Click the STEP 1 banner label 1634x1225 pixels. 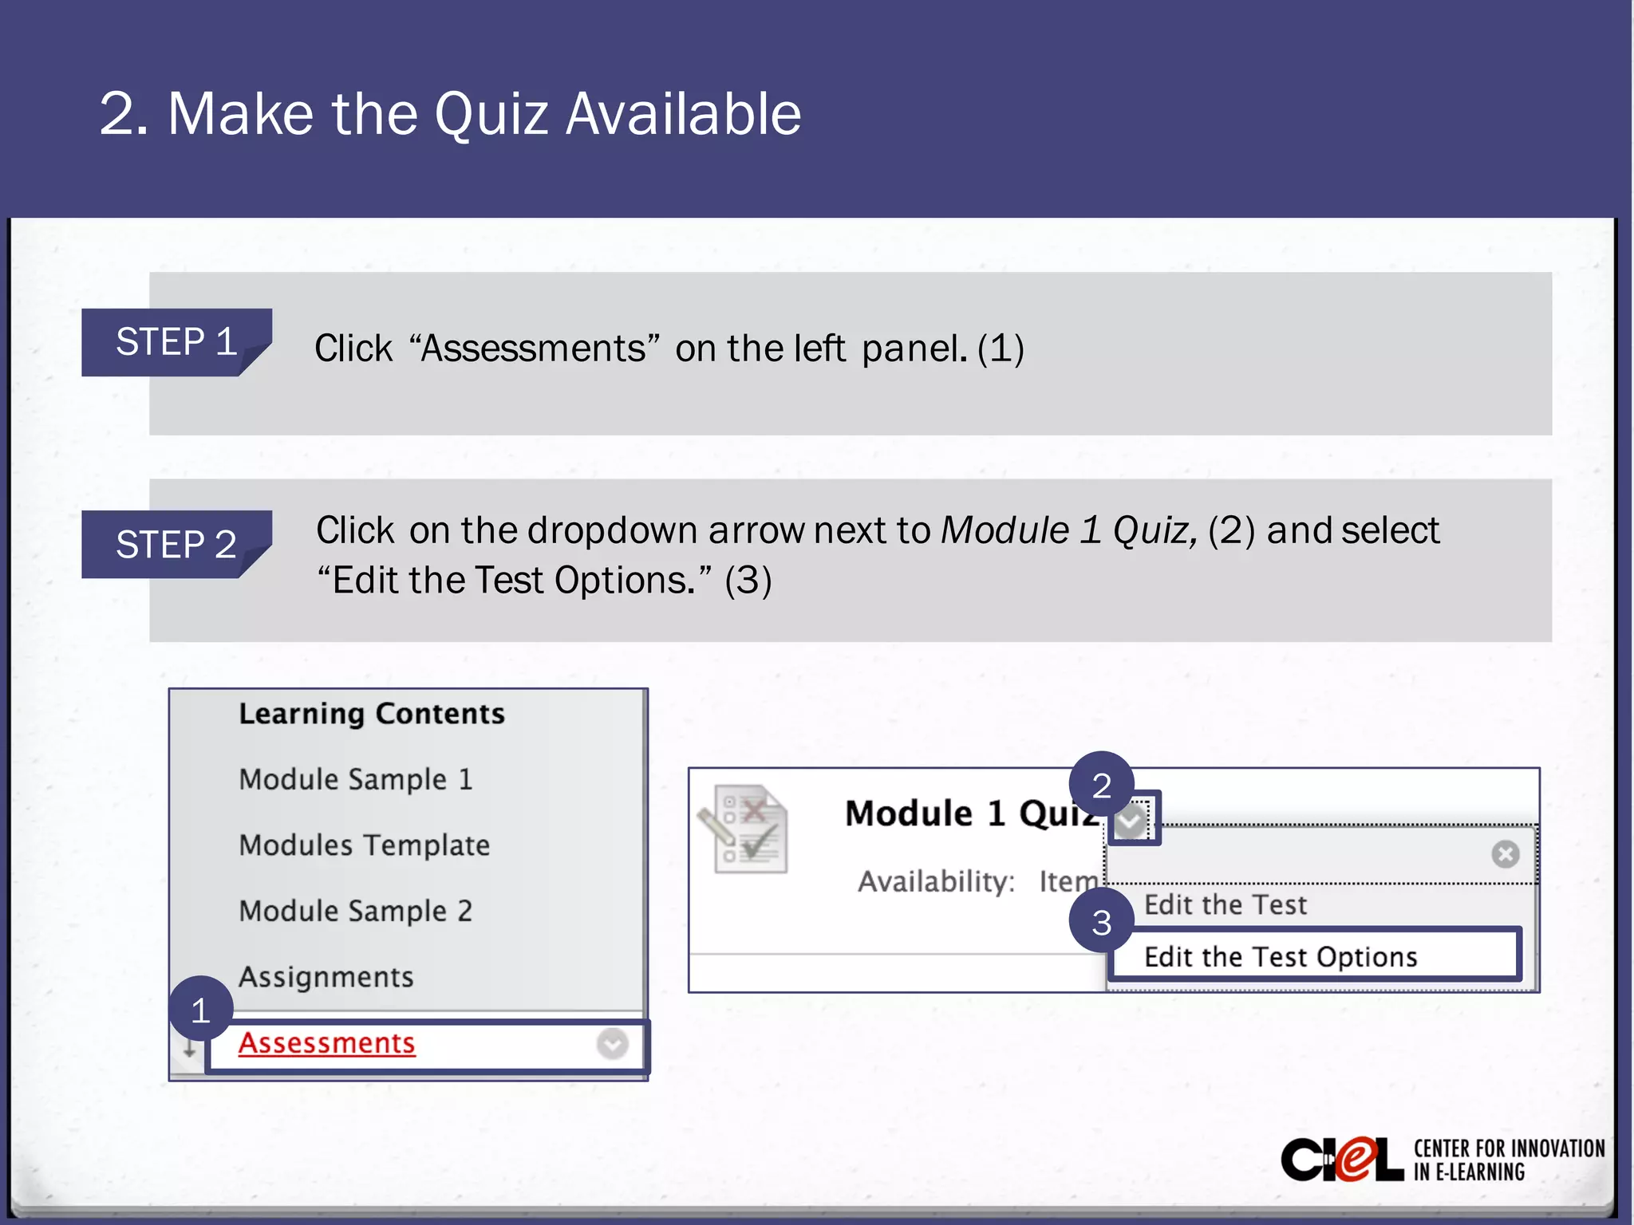(176, 342)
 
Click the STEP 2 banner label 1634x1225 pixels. (176, 545)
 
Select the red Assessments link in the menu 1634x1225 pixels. (326, 1043)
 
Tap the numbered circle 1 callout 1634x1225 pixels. (200, 1010)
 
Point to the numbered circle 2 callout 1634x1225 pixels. (1101, 785)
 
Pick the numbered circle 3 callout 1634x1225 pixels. (1101, 922)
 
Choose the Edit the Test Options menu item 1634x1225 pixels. (1281, 956)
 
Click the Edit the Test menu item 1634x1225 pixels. (1225, 904)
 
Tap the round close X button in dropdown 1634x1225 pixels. (1505, 854)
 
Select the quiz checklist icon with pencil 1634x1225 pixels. (744, 829)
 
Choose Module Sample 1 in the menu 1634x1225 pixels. (356, 779)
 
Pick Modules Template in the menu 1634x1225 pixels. (365, 845)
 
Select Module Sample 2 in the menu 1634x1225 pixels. (356, 911)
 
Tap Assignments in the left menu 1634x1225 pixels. (326, 977)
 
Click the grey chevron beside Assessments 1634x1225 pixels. (612, 1043)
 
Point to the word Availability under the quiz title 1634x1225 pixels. (936, 881)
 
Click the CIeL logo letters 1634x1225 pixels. (1341, 1160)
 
